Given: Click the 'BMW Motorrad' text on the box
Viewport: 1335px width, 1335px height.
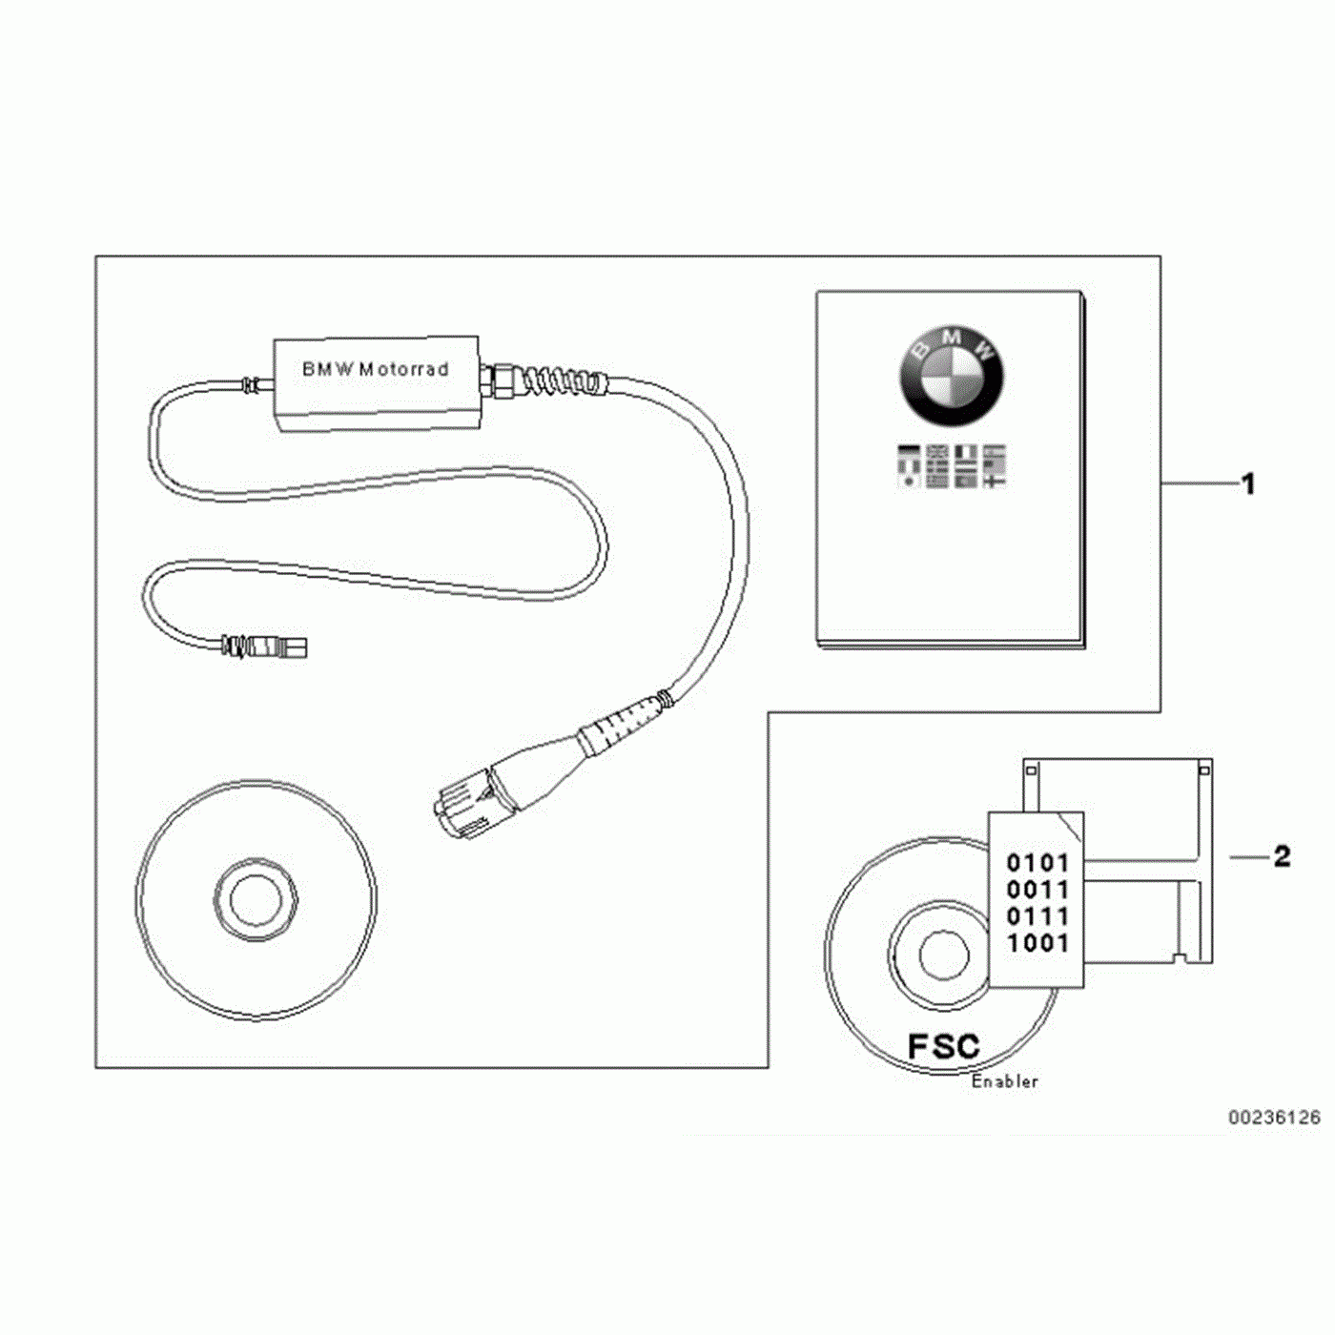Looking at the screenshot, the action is pos(375,369).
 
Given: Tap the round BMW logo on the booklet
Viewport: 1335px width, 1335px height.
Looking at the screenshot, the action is pos(951,375).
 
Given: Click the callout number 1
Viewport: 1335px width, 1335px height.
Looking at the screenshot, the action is pos(1248,484).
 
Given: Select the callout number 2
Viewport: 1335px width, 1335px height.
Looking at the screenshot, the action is pos(1282,856).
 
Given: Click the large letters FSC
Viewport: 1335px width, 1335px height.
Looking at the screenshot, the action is pos(943,1046).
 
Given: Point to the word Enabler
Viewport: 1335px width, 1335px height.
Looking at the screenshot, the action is pos(1004,1081).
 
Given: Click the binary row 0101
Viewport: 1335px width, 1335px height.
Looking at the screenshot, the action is pos(1037,864).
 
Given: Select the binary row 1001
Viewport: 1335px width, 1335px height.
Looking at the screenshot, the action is pos(1037,944).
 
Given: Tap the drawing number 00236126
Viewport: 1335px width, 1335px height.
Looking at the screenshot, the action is pos(1274,1117).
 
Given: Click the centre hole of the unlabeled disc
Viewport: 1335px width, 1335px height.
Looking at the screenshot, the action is pos(255,898).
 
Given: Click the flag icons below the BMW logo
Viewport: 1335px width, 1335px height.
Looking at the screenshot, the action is pos(951,465).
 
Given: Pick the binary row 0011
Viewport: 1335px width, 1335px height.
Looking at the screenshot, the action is pos(1037,891).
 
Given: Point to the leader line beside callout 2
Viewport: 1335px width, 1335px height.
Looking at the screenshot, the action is pos(1249,857).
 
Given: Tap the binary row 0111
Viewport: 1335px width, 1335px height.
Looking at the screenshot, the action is pos(1037,917).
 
